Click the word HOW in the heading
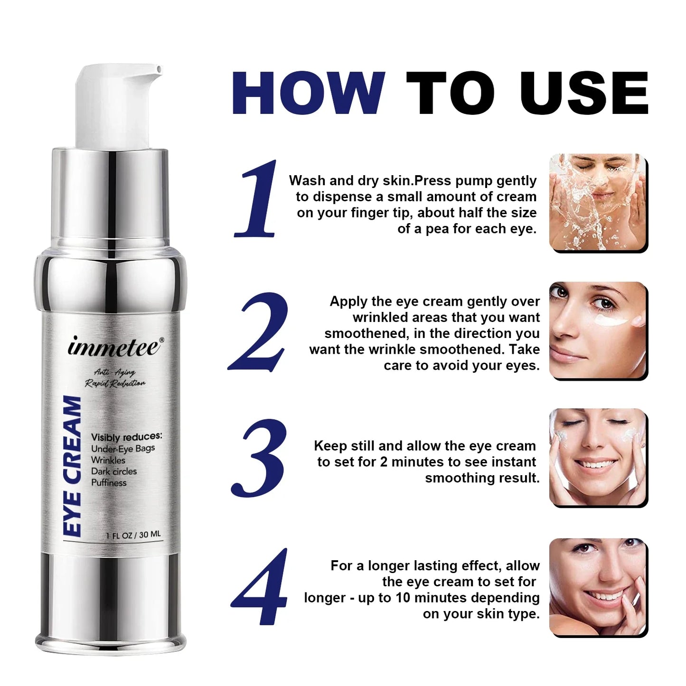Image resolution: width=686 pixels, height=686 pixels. (308, 93)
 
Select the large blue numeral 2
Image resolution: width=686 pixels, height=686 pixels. (259, 332)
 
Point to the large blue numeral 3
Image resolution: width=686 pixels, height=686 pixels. (259, 458)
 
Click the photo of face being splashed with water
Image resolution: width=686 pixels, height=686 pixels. (598, 202)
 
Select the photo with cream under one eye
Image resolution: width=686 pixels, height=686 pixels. (598, 330)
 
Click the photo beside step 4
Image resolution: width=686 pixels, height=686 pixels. (598, 587)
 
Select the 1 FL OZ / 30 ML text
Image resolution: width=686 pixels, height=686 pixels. (133, 535)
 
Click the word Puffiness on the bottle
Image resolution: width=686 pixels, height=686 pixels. (109, 483)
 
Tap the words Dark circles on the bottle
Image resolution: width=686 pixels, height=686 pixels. (113, 471)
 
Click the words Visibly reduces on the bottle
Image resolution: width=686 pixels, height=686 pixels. (126, 437)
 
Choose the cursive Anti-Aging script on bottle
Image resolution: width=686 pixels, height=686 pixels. (114, 372)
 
